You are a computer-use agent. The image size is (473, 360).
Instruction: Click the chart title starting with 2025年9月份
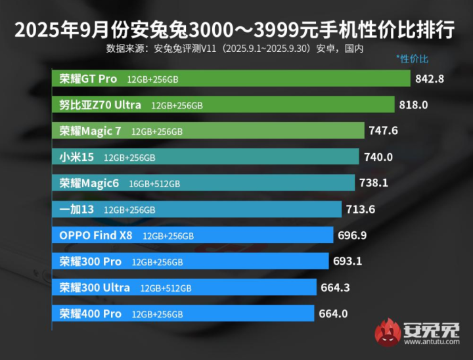[236, 30]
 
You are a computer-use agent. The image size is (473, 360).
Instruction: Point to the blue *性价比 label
[412, 59]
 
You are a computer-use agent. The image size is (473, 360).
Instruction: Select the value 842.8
[430, 79]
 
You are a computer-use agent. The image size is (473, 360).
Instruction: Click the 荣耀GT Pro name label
[88, 79]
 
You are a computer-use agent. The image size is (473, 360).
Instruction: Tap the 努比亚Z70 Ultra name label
[100, 104]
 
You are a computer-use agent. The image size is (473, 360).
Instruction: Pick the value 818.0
[414, 104]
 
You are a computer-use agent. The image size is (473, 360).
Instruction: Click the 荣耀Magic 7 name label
[90, 131]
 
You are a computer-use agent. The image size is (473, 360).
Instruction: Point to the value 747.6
[383, 131]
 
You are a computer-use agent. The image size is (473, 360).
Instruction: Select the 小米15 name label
[77, 157]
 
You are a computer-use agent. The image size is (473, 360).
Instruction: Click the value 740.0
[378, 157]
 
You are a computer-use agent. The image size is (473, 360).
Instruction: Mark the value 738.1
[373, 183]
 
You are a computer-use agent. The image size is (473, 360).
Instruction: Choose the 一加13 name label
[77, 210]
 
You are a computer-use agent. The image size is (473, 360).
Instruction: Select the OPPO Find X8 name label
[97, 235]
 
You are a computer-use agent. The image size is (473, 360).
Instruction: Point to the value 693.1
[348, 261]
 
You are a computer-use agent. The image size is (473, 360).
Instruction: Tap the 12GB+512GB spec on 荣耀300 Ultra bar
[166, 288]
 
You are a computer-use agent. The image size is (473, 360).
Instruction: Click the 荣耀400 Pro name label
[90, 314]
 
